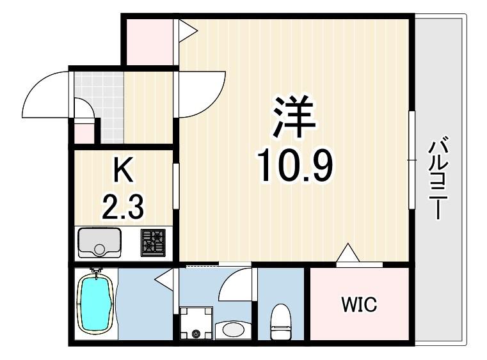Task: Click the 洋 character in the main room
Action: (294, 116)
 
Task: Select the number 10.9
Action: (294, 165)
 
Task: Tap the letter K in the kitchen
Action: (124, 169)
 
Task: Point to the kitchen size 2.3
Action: (123, 205)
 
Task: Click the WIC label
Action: (359, 304)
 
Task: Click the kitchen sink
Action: (99, 243)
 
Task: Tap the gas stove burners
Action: (153, 243)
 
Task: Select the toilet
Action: (280, 322)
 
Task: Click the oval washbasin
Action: (233, 329)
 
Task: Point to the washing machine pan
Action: (196, 323)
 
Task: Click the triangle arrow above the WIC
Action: (348, 253)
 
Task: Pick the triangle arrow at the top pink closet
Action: (188, 31)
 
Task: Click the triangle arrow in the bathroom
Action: (164, 279)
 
